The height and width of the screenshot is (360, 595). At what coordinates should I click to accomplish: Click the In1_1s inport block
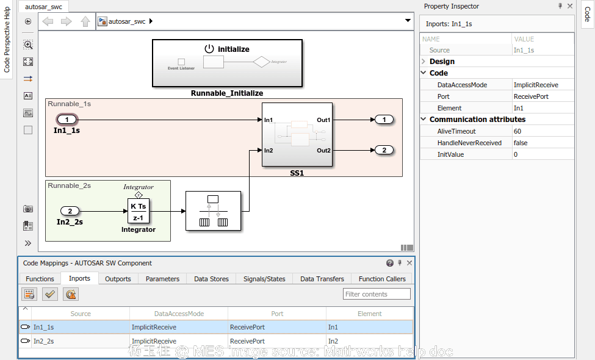[67, 120]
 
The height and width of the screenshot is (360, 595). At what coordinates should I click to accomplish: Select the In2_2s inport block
[70, 211]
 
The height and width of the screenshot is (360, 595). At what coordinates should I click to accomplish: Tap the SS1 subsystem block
[297, 135]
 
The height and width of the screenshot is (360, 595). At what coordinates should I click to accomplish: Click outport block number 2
[384, 150]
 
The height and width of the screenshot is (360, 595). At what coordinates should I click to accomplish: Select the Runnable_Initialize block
[227, 63]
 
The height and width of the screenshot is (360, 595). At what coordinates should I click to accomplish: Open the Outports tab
[118, 279]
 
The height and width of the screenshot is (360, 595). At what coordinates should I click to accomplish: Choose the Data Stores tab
[211, 279]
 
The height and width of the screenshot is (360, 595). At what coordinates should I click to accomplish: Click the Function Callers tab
[382, 279]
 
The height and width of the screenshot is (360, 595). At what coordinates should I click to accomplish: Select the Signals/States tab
[264, 279]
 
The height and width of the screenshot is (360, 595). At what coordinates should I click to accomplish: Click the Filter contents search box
[377, 294]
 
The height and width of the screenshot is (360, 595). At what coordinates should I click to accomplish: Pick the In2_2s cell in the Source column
[43, 341]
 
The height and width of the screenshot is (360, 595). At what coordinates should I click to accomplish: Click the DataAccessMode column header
[179, 314]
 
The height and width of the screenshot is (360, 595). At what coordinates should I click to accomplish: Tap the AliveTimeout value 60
[517, 131]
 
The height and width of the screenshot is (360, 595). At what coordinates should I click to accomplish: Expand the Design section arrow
[424, 62]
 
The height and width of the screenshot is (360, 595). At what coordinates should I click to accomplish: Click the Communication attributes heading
[477, 120]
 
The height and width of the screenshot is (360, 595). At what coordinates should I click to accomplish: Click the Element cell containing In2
[333, 341]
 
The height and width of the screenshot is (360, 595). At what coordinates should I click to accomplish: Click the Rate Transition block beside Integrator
[213, 211]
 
